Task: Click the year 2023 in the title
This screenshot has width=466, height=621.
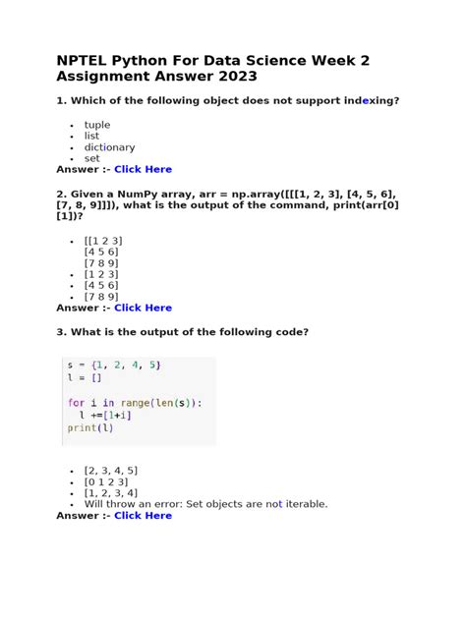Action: coord(236,77)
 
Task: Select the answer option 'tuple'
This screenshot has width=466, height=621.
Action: coord(97,125)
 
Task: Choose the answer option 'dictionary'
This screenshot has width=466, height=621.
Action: coord(109,147)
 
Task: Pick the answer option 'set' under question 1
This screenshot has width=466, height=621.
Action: coord(91,158)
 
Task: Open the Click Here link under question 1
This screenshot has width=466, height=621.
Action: coord(143,169)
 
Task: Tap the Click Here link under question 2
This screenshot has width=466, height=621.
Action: coord(143,308)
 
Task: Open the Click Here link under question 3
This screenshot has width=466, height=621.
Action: coord(143,515)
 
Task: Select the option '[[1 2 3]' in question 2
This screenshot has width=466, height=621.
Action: coord(103,241)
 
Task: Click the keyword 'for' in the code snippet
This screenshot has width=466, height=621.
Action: coord(76,402)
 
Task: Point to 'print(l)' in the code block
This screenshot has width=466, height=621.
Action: coord(89,427)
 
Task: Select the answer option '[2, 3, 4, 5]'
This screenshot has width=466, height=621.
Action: coord(111,471)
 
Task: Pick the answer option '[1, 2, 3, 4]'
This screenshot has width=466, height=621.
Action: coord(111,493)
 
